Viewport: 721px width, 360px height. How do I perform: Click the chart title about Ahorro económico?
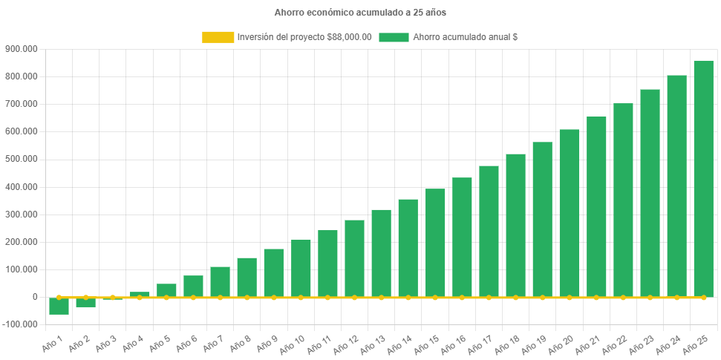point(360,13)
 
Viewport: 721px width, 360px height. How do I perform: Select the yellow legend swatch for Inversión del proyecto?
point(218,37)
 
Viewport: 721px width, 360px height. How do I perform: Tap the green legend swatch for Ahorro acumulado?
point(394,37)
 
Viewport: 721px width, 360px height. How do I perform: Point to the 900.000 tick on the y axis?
point(21,49)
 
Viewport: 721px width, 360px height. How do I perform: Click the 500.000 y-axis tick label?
point(21,159)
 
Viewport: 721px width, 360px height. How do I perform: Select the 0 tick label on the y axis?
point(35,297)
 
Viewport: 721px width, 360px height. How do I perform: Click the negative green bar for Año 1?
point(59,306)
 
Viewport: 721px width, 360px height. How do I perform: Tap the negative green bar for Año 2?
point(85,302)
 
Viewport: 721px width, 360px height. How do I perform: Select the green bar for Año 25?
point(703,178)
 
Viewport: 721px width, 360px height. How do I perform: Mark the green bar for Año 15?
point(435,243)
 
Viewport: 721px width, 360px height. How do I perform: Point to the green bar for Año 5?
point(166,290)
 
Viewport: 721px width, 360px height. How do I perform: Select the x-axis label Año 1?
point(52,342)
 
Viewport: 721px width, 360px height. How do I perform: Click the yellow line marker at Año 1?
point(59,297)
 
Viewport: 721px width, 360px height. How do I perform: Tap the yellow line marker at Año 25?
point(703,298)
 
